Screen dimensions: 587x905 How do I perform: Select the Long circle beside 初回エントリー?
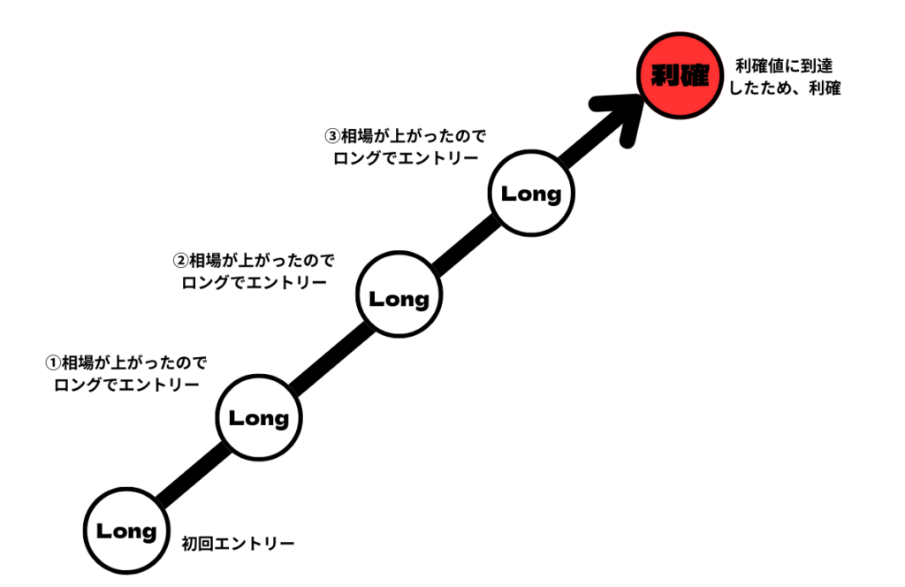[x=126, y=530]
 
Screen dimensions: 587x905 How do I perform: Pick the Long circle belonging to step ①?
[x=259, y=418]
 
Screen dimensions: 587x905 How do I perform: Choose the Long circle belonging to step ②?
[x=399, y=299]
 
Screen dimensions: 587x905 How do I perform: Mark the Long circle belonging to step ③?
[x=531, y=194]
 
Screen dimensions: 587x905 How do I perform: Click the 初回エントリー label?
[x=238, y=543]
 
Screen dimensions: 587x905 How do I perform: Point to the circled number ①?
[x=52, y=362]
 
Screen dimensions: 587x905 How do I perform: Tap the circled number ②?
[x=179, y=261]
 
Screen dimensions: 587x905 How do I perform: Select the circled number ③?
[x=331, y=137]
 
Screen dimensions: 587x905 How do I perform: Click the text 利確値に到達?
[x=783, y=65]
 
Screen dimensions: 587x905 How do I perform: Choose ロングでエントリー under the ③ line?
[x=406, y=159]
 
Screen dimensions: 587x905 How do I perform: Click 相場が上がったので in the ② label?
[x=262, y=261]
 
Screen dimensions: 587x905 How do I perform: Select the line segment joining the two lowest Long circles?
[x=194, y=475]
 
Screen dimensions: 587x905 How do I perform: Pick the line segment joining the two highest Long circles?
[x=465, y=247]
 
